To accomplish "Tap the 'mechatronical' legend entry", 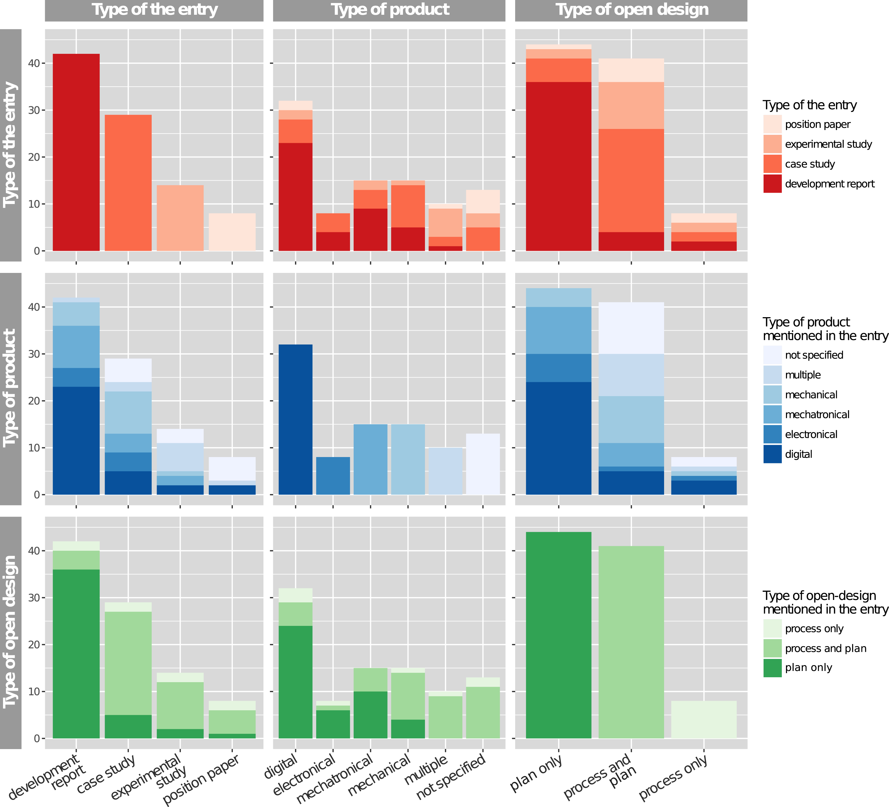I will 817,415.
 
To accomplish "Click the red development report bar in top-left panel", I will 76,152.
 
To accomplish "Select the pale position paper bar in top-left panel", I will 232,232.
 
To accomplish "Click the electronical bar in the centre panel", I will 333,476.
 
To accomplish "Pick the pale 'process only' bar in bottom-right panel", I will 704,720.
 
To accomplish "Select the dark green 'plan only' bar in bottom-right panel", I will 559,635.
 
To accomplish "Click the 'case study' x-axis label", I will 106,774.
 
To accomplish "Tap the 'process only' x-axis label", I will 673,778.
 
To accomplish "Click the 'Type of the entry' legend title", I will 810,105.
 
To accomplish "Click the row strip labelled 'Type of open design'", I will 11,632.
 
